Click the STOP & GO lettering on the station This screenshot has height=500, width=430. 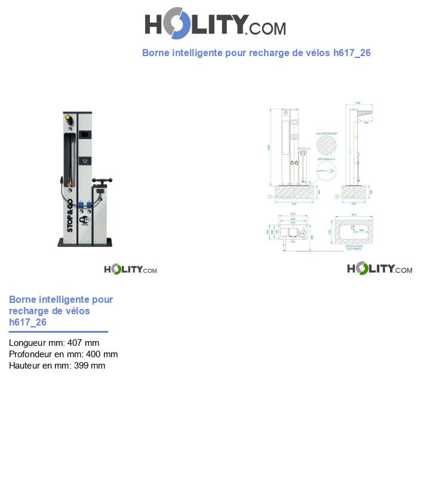point(70,215)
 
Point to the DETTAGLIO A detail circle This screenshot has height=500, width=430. point(327,171)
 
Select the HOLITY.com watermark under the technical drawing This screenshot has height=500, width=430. point(379,269)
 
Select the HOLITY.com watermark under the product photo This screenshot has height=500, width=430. point(130,269)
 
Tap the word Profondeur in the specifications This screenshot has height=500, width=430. point(31,354)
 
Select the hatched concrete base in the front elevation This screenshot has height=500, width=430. point(292,193)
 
